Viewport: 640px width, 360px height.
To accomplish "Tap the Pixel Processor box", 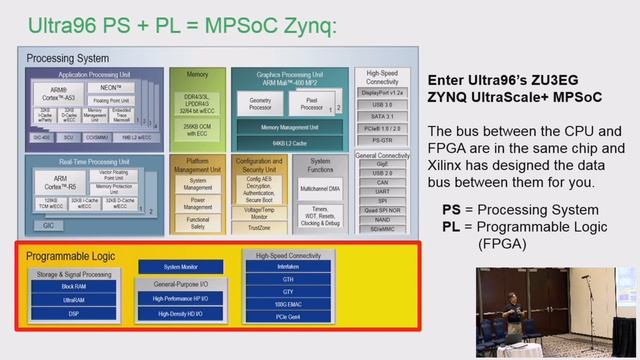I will (311, 104).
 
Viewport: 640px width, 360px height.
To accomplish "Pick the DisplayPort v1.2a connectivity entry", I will (382, 91).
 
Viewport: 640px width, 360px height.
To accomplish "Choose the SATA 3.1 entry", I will (382, 116).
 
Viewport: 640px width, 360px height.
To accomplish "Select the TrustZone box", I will (258, 227).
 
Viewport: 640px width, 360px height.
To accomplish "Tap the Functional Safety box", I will (198, 222).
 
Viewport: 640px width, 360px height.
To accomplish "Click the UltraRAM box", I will (74, 299).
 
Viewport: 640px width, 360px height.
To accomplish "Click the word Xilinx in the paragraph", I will (452, 164).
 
